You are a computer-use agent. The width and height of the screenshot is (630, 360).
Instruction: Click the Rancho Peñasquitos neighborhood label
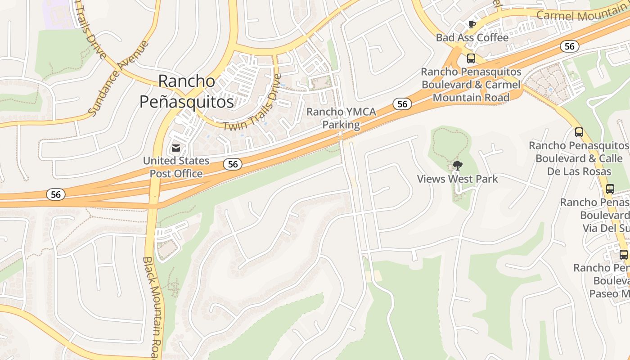pos(187,92)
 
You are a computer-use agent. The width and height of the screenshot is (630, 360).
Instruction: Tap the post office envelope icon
pos(175,148)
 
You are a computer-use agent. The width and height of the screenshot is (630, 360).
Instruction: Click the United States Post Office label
pos(176,167)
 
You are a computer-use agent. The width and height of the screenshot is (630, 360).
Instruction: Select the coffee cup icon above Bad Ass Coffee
pos(472,24)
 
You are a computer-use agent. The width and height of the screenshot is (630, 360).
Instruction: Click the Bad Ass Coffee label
pos(472,37)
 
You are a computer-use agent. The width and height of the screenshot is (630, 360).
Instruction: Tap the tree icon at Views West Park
pos(457,165)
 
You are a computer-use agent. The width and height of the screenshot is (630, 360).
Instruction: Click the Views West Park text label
pos(457,179)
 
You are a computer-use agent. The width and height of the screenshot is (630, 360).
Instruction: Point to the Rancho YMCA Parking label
pos(341,118)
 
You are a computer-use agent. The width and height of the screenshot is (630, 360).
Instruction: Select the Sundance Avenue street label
pos(118,77)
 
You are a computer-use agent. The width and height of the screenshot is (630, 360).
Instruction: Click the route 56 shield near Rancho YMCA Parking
pos(402,104)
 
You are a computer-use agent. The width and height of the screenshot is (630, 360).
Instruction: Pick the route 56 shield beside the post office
pos(233,164)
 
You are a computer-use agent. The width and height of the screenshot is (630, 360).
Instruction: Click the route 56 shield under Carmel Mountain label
pos(570,46)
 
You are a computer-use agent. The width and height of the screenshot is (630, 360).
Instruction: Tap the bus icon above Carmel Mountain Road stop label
pos(471,58)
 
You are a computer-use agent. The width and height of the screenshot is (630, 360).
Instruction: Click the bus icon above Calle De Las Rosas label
pos(579,132)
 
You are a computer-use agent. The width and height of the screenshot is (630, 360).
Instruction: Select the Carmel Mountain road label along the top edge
pos(583,14)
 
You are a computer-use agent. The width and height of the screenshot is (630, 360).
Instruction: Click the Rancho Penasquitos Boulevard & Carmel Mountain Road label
pos(471,85)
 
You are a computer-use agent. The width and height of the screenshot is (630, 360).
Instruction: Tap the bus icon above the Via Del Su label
pos(610,189)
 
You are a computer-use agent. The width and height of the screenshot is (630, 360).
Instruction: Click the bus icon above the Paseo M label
pos(624,255)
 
